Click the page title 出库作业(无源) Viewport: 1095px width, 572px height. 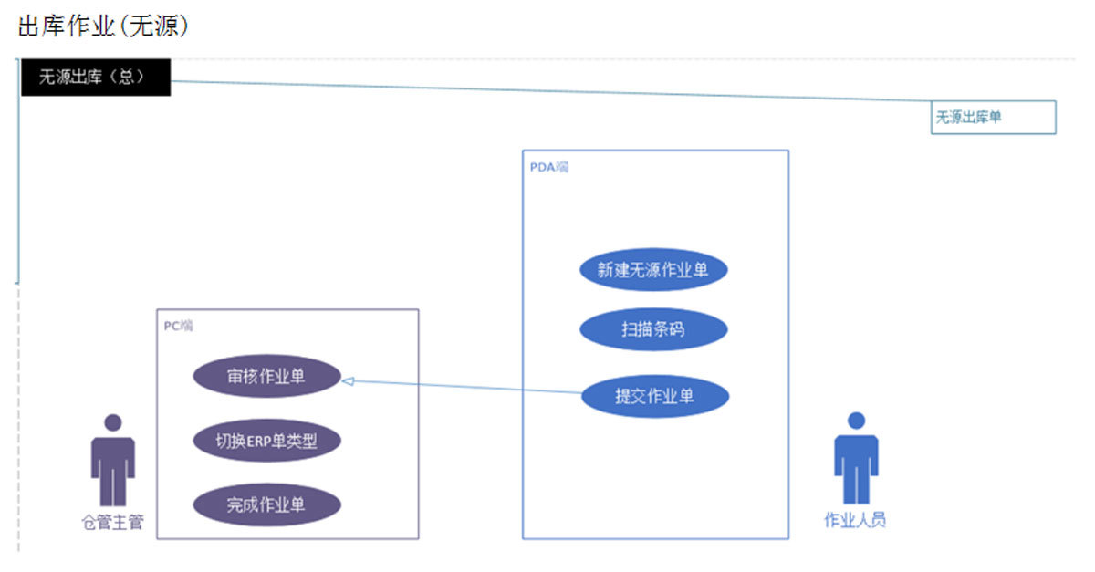click(103, 26)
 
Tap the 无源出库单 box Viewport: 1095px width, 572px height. click(993, 117)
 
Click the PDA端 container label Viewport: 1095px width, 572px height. click(548, 167)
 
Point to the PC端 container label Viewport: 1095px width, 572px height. click(178, 326)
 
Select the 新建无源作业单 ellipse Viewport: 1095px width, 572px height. click(653, 270)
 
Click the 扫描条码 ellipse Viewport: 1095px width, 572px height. click(653, 329)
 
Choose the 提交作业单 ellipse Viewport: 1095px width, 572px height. click(654, 396)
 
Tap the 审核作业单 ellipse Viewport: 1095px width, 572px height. click(266, 377)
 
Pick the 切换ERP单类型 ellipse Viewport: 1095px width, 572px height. click(266, 442)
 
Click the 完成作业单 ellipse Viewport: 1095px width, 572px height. click(266, 504)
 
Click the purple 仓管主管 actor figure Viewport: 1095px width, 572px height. click(113, 465)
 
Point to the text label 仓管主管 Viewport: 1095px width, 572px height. click(112, 523)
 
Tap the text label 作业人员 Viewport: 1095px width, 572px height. click(856, 521)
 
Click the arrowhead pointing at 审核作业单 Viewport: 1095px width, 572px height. click(348, 380)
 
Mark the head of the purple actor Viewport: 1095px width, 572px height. click(113, 423)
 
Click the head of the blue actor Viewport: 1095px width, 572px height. click(856, 421)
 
